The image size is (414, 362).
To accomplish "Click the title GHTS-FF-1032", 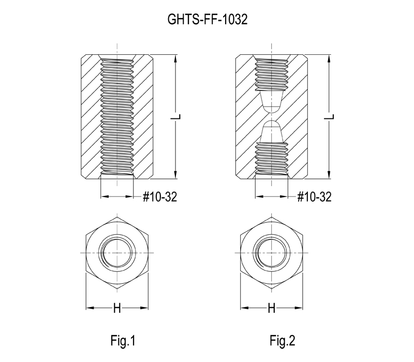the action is [x=208, y=19].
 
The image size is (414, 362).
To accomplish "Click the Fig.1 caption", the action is [x=123, y=340].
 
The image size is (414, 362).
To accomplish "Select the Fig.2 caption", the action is [x=282, y=340].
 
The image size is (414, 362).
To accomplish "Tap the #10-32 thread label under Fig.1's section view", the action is [x=160, y=197].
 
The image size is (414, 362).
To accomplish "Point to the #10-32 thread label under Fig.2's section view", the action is [x=314, y=197].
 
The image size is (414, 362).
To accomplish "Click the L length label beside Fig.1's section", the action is [x=175, y=117].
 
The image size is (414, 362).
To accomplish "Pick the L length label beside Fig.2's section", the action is [x=330, y=117].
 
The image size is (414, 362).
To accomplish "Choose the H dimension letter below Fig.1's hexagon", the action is [x=117, y=308].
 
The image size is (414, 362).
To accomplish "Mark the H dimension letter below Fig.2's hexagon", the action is [x=271, y=308].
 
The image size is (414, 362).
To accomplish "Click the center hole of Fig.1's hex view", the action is [x=117, y=253].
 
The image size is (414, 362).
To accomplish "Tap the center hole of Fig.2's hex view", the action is [x=271, y=253].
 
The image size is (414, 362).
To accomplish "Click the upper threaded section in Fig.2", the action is [x=271, y=74].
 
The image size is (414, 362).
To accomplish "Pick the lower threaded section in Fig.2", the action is [x=271, y=159].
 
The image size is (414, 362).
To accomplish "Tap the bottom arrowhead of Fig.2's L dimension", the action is [x=329, y=175].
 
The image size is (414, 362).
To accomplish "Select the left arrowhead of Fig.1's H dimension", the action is [x=90, y=308].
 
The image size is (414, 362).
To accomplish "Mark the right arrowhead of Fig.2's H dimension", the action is [x=299, y=308].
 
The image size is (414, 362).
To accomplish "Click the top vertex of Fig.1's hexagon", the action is [x=117, y=217].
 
